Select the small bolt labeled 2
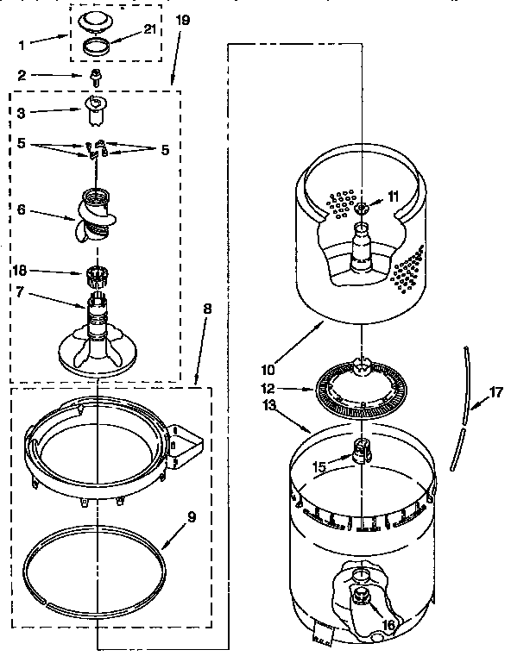(x=98, y=78)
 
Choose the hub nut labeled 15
(x=360, y=450)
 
